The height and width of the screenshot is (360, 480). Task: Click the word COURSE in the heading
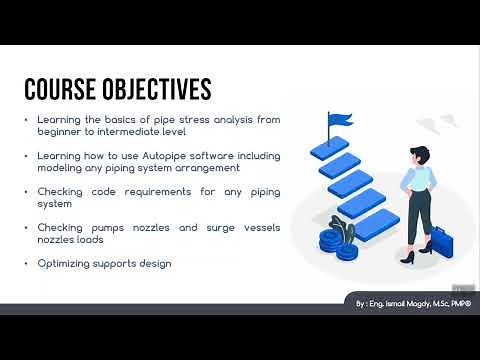[x=58, y=89]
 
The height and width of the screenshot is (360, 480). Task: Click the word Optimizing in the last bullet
[x=64, y=263]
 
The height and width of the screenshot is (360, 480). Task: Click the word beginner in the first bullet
[x=59, y=132]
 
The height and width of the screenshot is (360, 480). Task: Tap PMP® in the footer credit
[x=462, y=301]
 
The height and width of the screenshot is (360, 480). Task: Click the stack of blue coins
[x=330, y=241]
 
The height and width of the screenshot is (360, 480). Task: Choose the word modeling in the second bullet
[x=59, y=168]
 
